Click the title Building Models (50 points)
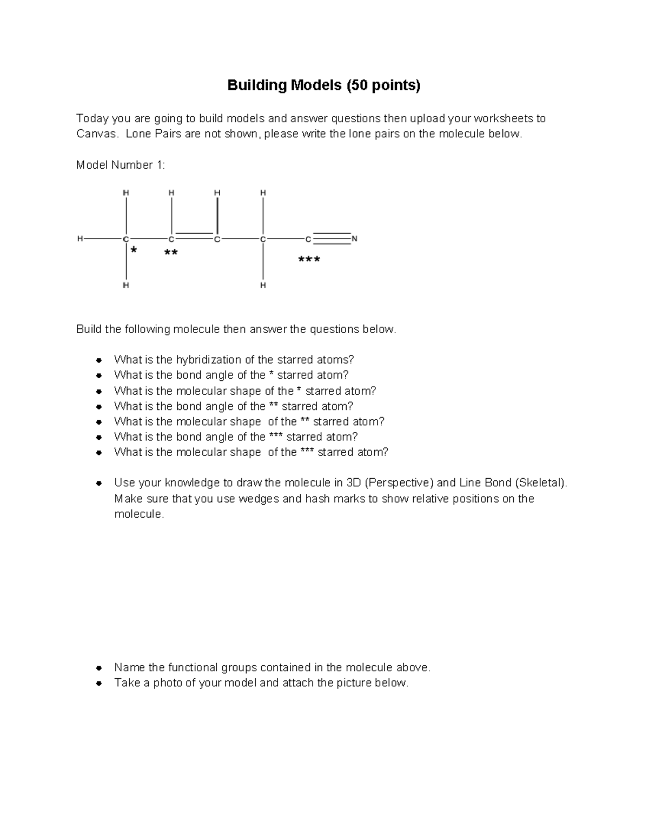(323, 85)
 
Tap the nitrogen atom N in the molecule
(355, 239)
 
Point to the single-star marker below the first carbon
(134, 250)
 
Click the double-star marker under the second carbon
(171, 253)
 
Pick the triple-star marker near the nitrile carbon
(309, 260)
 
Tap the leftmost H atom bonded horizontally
(80, 239)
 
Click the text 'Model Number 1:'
(121, 165)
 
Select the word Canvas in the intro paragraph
(96, 134)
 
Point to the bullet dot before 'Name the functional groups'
(98, 667)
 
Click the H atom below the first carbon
(125, 285)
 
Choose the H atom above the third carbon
(217, 193)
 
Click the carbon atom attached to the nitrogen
(308, 239)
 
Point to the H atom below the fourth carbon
(263, 285)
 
